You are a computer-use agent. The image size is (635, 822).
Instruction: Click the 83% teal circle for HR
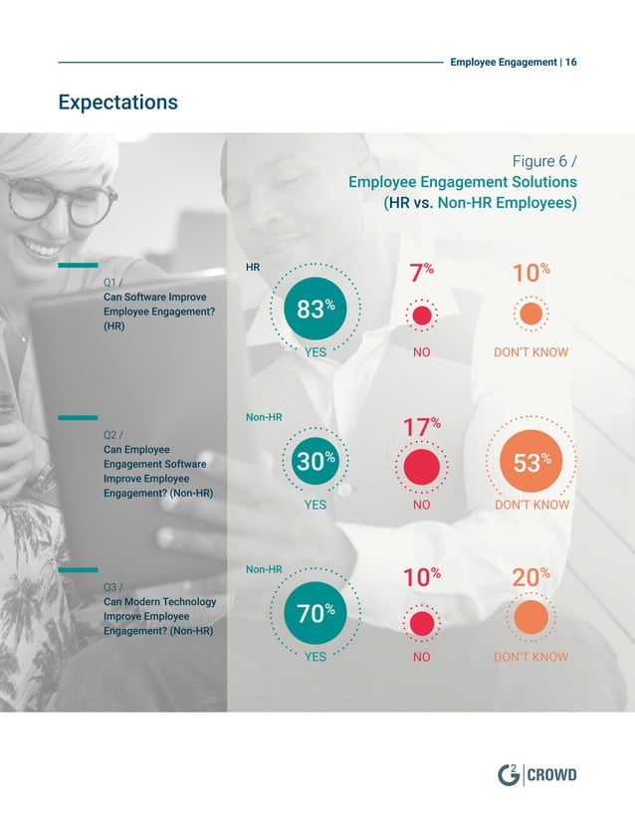(315, 309)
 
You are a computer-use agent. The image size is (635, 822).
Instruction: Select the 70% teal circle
(315, 615)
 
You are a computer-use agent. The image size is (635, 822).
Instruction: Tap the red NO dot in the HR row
(422, 315)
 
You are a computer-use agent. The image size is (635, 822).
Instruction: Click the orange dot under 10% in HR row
(530, 314)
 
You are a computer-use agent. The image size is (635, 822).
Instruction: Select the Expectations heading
(117, 102)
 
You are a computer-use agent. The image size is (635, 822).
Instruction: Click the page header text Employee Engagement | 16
(513, 62)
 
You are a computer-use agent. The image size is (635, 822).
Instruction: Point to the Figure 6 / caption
(543, 161)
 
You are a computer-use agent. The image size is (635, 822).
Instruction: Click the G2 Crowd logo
(536, 774)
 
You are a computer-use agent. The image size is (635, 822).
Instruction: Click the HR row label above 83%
(253, 268)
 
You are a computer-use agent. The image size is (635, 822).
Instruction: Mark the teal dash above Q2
(78, 418)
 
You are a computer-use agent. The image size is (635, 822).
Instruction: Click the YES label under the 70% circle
(315, 657)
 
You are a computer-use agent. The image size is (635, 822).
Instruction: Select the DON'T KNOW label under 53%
(531, 505)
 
